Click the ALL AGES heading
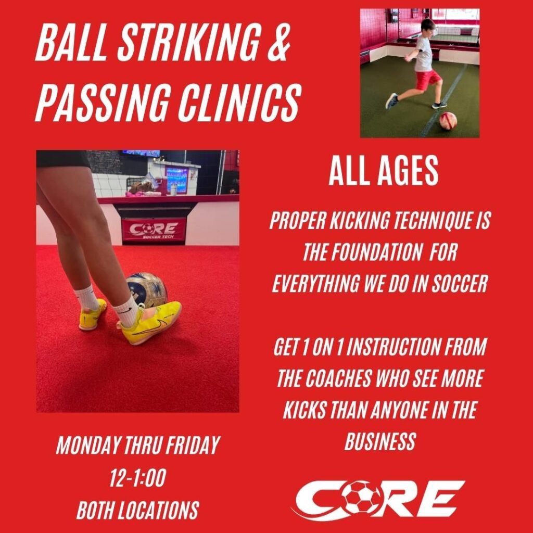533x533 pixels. (384, 171)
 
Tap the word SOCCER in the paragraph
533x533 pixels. (460, 283)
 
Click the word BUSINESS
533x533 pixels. (380, 441)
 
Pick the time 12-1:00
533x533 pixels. (137, 478)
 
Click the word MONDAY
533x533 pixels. (87, 446)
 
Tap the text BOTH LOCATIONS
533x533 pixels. (137, 510)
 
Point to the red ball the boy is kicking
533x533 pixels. (448, 121)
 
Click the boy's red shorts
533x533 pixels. (427, 79)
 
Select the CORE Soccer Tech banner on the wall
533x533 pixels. (154, 230)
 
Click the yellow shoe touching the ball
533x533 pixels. (149, 322)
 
